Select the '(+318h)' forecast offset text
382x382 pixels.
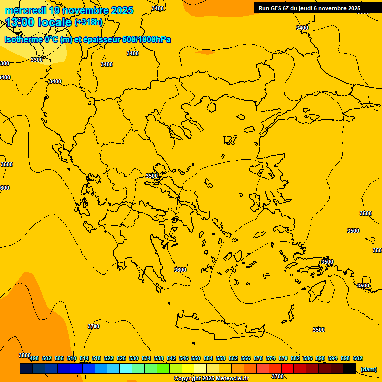(89, 22)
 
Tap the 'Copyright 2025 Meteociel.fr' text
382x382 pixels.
(211, 379)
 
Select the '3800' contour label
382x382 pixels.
(25, 355)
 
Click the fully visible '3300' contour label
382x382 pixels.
(37, 60)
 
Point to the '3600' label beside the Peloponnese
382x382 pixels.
(180, 270)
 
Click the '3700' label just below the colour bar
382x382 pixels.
(278, 376)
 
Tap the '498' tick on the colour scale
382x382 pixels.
(34, 358)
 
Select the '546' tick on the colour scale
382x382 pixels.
(184, 358)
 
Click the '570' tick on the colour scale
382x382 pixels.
(258, 358)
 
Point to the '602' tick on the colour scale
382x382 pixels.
(358, 358)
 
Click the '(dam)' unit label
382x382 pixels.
(369, 369)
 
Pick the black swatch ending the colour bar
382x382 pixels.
(350, 369)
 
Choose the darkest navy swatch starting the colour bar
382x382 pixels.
(26, 369)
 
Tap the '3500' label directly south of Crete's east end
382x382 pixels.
(319, 330)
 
